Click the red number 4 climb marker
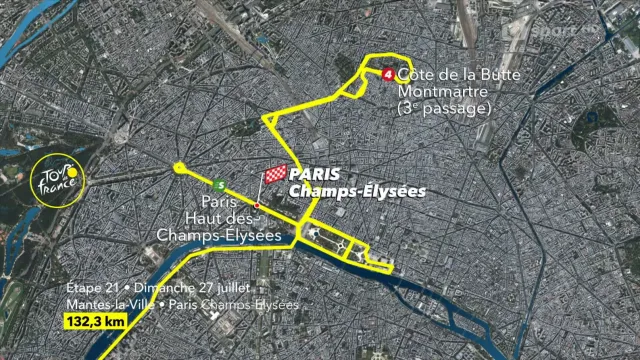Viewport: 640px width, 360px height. (388, 73)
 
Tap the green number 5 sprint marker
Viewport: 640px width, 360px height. (219, 183)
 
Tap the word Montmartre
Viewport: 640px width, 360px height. (436, 91)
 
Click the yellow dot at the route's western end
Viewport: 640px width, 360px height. (179, 167)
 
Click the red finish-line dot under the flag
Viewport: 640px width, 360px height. (257, 205)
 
